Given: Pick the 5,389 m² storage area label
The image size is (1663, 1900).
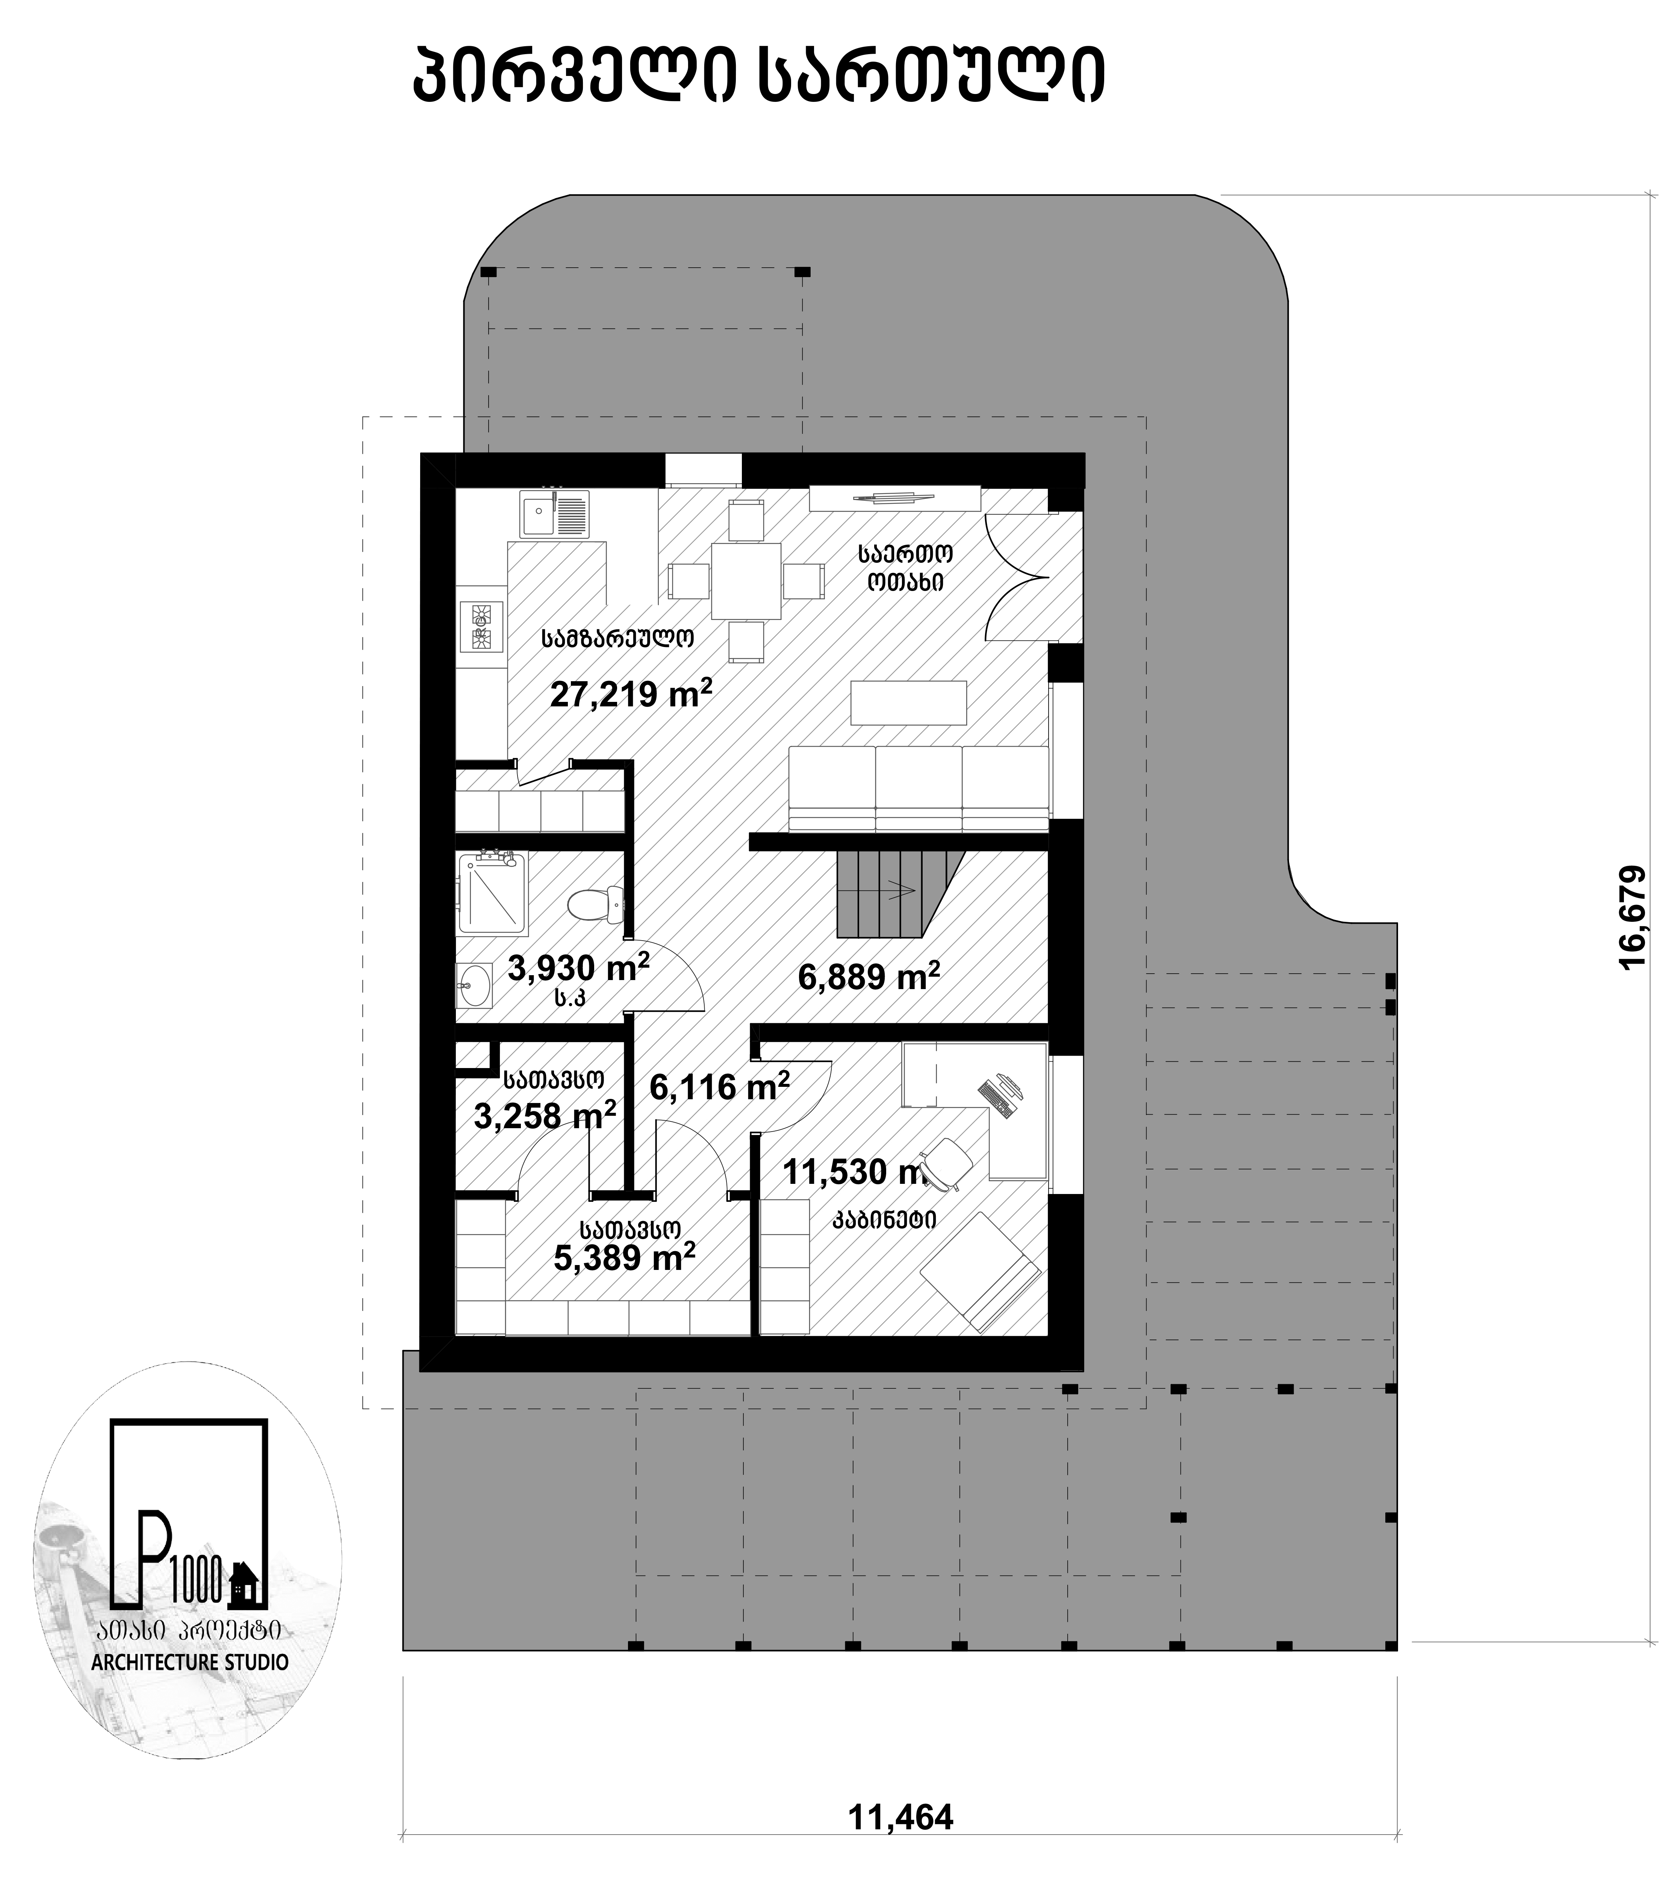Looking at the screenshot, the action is (625, 1258).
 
